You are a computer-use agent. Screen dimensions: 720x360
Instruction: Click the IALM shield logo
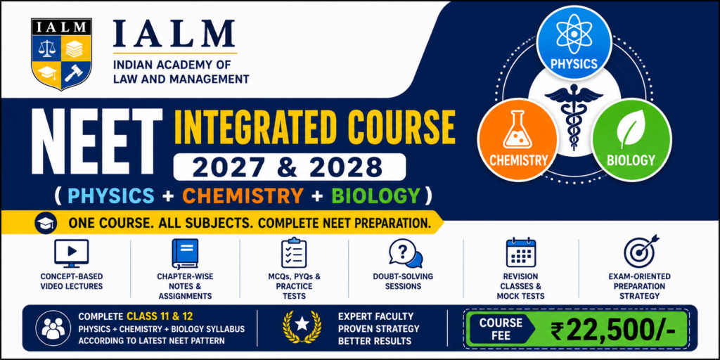(x=62, y=53)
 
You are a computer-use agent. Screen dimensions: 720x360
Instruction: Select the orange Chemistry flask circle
(x=518, y=141)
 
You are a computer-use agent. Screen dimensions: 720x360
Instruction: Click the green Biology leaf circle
(x=631, y=141)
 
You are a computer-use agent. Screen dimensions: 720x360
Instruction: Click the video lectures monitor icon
(x=71, y=253)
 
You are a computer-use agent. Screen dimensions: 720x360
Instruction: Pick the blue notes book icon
(x=185, y=253)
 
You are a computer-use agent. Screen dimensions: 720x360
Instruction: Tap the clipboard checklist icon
(x=294, y=252)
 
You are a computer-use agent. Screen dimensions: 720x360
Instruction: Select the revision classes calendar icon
(x=520, y=252)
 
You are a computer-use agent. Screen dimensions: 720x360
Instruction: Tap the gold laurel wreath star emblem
(x=302, y=327)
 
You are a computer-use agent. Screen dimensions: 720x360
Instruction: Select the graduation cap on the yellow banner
(x=45, y=223)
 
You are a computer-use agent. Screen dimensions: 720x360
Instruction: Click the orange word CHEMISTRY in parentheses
(x=241, y=195)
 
